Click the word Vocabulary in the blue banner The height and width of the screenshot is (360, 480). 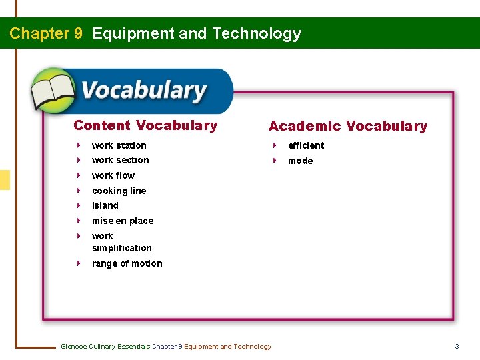click(144, 91)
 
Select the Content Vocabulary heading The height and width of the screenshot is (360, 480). click(145, 125)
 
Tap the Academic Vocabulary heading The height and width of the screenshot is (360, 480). click(347, 126)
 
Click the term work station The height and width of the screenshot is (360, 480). click(119, 145)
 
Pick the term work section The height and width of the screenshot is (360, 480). click(121, 160)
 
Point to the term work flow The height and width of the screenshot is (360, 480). click(113, 175)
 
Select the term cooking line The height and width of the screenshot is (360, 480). click(119, 191)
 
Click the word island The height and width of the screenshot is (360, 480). click(105, 205)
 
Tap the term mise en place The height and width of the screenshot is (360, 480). click(123, 221)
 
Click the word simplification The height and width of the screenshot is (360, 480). click(122, 248)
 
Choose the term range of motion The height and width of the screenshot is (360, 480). click(127, 263)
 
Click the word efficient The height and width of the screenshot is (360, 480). click(306, 145)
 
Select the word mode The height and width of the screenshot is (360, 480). click(301, 161)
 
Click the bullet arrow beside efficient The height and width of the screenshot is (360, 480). click(274, 145)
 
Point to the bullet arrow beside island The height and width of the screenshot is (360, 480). click(79, 205)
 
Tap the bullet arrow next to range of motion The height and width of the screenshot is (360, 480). click(79, 263)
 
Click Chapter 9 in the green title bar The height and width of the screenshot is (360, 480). click(46, 33)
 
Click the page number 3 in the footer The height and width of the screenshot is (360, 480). click(457, 346)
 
